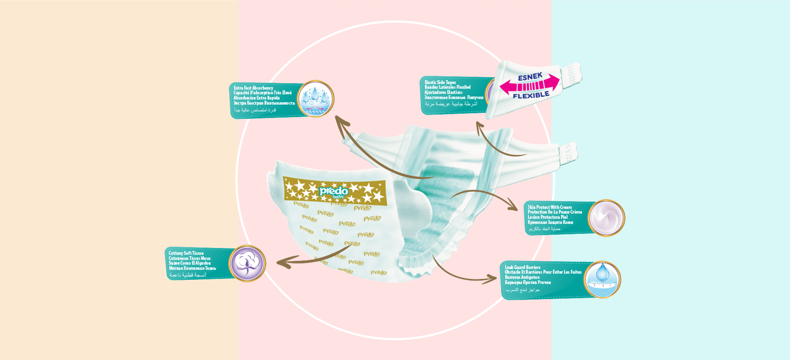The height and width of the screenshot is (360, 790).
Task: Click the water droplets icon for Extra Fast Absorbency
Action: point(315,99)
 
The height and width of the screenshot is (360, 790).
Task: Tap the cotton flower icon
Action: point(247,263)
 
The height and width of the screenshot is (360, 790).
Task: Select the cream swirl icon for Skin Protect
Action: point(606,218)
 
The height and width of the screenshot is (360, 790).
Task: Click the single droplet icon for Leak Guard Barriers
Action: point(602,279)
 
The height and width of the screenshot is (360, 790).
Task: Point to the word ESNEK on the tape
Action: point(530,77)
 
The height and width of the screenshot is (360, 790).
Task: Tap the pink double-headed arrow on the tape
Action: point(530,86)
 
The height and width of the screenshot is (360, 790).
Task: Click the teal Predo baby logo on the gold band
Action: point(334,192)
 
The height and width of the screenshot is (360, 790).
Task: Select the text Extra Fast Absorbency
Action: point(253,88)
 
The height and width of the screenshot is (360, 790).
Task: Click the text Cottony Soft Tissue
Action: point(186,253)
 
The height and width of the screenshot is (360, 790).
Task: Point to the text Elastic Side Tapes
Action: point(440,82)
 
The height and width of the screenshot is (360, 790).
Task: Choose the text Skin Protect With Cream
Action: point(550,207)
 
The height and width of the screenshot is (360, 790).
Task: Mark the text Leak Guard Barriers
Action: point(523,267)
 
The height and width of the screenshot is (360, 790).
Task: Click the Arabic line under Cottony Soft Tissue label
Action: point(188,275)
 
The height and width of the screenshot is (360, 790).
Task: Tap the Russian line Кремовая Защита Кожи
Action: point(550,223)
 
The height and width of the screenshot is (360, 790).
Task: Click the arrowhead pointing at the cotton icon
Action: point(282,262)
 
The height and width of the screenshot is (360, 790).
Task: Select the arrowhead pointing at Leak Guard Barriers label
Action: point(492,279)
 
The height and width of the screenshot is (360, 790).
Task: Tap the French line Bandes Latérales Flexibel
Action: point(448,87)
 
